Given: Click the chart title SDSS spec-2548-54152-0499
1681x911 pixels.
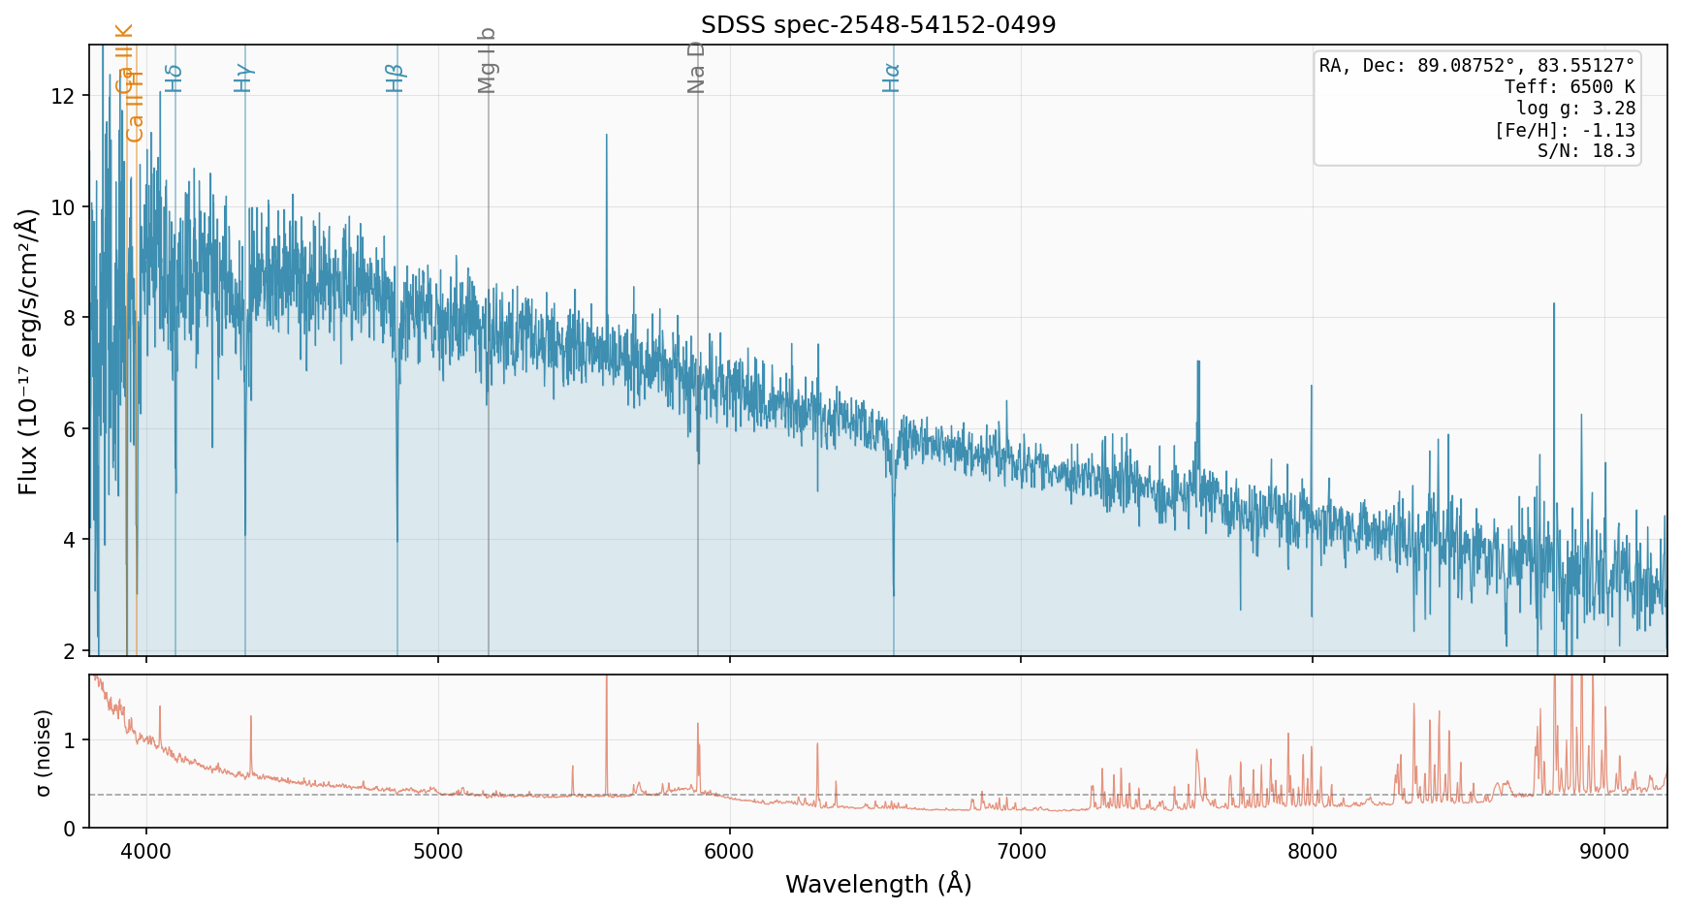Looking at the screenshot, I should pos(878,25).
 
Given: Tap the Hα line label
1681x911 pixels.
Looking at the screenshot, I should pos(891,78).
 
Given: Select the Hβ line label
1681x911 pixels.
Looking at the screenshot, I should pos(395,78).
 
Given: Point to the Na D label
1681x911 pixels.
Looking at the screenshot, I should pos(696,68).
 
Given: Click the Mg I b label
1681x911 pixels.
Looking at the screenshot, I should pos(487,60).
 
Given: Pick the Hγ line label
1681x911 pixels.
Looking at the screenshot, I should pos(243,78).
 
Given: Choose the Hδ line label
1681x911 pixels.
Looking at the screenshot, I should pos(174,78).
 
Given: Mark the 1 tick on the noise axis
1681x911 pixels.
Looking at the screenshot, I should pos(70,740).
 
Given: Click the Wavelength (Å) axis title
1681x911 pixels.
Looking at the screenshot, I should pos(878,884).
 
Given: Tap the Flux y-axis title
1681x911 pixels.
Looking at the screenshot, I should pos(28,351).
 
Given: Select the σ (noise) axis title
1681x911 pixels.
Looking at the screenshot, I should pos(43,751).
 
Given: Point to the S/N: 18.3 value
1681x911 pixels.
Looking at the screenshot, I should pos(1586,150).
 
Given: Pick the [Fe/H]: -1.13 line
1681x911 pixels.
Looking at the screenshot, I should pos(1565,130).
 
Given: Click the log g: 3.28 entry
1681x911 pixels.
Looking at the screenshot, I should pos(1575,109).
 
